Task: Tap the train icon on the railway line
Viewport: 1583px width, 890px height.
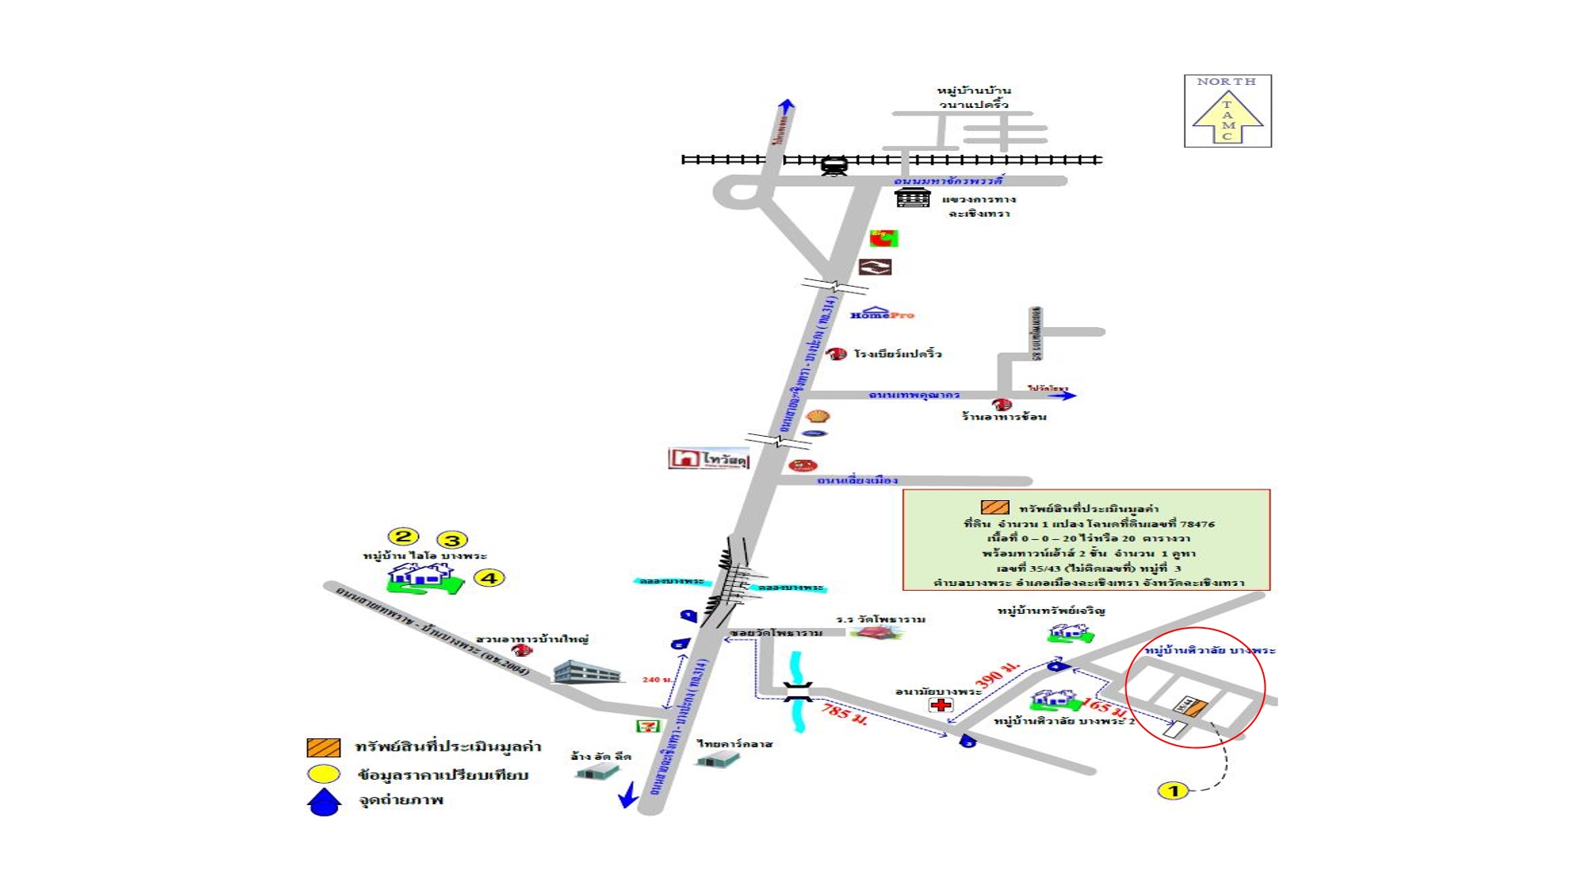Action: pos(834,166)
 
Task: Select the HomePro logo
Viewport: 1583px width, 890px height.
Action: pos(881,314)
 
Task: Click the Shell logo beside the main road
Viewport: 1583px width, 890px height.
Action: pos(817,416)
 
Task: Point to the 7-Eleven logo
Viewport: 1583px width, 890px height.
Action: pos(648,726)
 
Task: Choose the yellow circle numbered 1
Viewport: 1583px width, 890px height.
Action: pos(1173,791)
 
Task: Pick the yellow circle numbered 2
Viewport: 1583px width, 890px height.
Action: pos(402,537)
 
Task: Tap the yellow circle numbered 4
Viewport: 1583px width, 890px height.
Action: pos(489,578)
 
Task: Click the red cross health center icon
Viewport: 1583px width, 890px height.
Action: pos(941,705)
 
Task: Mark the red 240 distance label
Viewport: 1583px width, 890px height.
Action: pos(656,680)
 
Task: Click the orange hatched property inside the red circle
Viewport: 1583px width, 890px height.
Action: pos(1196,706)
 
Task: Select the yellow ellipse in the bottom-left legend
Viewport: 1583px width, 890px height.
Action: pos(323,775)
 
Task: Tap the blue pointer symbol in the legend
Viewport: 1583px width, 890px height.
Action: pos(324,802)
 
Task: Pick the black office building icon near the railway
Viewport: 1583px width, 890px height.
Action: pos(913,198)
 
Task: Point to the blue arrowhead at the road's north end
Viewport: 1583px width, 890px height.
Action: pos(787,105)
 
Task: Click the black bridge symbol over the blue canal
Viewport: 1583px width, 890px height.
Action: pos(797,692)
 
